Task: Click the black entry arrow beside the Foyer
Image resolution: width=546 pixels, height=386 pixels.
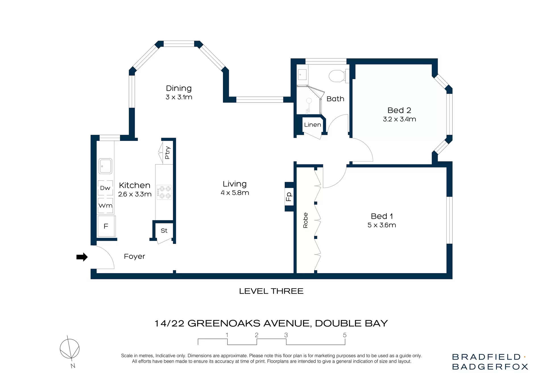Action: (82, 257)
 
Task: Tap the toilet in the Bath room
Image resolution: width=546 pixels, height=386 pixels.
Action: (337, 76)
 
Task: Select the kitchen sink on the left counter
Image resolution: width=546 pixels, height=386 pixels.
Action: (105, 166)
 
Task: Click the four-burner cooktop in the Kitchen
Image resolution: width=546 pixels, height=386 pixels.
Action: (165, 192)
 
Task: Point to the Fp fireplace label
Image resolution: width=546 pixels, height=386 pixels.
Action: (289, 197)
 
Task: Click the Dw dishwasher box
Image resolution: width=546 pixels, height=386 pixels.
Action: (105, 188)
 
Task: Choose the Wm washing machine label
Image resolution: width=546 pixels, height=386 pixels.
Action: (106, 205)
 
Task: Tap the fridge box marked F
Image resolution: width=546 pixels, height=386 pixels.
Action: (106, 226)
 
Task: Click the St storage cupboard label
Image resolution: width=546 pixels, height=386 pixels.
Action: (164, 231)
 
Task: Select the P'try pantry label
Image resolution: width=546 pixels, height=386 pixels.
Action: (167, 153)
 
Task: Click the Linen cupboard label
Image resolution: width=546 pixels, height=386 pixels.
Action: (313, 125)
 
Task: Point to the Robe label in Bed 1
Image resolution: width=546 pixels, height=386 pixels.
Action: (305, 220)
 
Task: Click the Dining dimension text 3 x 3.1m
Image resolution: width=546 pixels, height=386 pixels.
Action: (179, 97)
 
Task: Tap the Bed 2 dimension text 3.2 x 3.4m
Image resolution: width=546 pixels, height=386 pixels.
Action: (399, 119)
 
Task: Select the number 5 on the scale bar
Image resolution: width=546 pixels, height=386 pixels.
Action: (345, 335)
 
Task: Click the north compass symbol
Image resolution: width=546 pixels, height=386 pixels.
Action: (70, 349)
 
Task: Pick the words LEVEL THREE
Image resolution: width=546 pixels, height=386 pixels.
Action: (271, 291)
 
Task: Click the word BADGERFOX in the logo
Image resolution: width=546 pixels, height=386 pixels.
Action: (490, 367)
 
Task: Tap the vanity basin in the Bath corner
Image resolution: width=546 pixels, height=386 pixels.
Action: (302, 75)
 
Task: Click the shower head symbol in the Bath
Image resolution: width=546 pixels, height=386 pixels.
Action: (309, 101)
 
